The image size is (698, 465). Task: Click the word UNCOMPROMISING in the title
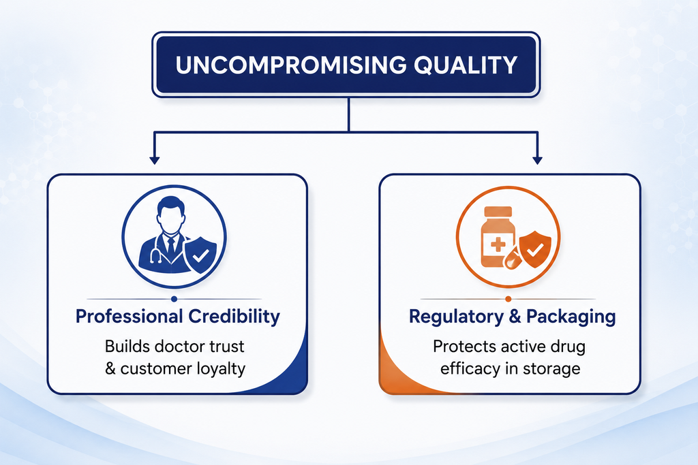point(291,65)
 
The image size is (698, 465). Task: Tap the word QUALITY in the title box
point(466,65)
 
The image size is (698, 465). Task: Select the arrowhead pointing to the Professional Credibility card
point(155,160)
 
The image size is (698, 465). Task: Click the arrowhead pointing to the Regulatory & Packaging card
point(537,160)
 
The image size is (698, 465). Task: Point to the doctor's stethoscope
point(157,251)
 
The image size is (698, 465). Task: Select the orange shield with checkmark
point(535,249)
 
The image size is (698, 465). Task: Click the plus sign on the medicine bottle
point(498,244)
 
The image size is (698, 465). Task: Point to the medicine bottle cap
point(498,212)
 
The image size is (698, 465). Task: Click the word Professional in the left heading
point(129,317)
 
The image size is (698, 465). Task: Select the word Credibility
point(234,317)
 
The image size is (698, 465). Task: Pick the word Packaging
point(571,317)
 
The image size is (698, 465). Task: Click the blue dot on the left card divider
point(174,299)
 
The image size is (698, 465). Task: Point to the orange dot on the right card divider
point(509,299)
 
